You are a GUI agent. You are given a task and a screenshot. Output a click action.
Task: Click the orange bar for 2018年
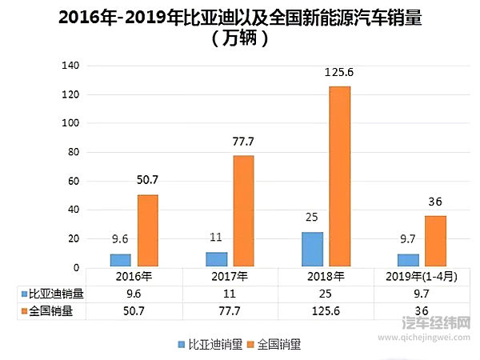click(339, 176)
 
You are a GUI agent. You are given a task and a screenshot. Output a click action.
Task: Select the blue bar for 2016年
click(120, 260)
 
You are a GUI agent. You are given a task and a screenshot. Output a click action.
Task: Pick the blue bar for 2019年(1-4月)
click(407, 260)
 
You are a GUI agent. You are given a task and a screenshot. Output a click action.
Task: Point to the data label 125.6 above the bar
click(339, 73)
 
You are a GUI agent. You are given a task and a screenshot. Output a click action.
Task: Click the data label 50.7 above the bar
click(148, 181)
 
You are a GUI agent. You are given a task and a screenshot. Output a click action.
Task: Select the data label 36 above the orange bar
click(435, 202)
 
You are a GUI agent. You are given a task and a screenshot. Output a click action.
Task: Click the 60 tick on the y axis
click(72, 182)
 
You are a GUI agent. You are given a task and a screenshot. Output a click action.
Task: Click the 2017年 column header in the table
click(230, 277)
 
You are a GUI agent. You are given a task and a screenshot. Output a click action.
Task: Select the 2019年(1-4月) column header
click(422, 277)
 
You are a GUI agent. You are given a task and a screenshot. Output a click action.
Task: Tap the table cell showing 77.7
click(230, 310)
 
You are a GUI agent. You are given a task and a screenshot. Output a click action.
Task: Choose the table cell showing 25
click(326, 294)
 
